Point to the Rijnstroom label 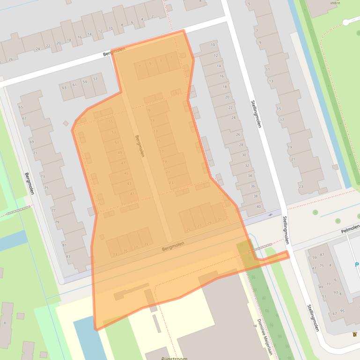click(x=174, y=358)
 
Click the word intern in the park click(x=335, y=3)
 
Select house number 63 click(x=64, y=87)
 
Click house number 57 click(x=96, y=79)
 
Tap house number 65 click(x=21, y=107)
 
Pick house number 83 click(x=68, y=256)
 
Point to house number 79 click(x=57, y=222)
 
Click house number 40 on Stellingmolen click(x=258, y=206)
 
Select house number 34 click(x=250, y=176)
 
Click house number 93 click(x=336, y=293)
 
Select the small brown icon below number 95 click(x=354, y=334)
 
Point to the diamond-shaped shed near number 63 click(x=66, y=123)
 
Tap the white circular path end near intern click(x=346, y=22)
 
